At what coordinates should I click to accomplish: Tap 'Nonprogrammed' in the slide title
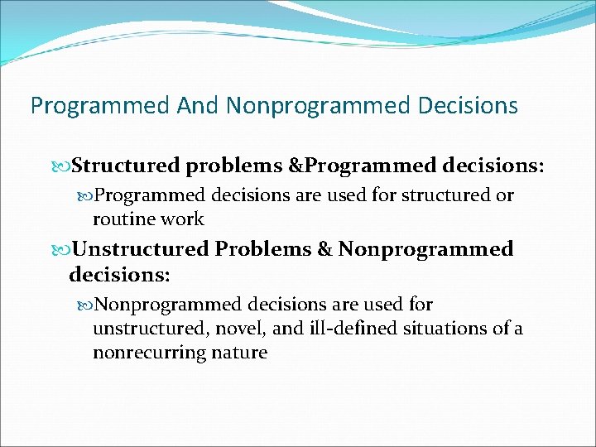coord(318,106)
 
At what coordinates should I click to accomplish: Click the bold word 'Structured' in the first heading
coord(126,166)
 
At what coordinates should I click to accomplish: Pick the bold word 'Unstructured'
coord(141,249)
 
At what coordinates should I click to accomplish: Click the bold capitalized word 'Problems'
coord(263,249)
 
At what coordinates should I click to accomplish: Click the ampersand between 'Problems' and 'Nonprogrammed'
coord(324,249)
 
